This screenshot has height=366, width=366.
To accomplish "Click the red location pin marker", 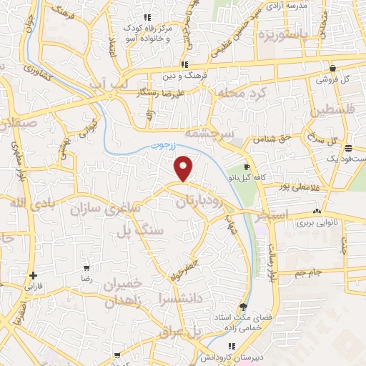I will [184, 168].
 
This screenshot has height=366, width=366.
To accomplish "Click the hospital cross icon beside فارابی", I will [33, 275].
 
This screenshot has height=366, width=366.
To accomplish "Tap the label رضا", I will [86, 277].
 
